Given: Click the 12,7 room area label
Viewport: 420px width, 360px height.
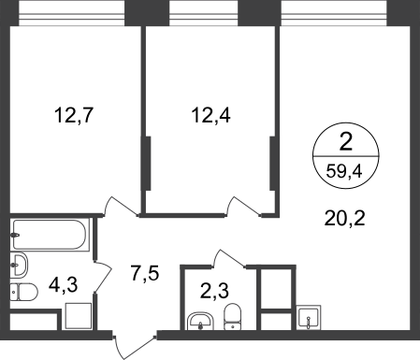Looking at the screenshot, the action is [74, 115].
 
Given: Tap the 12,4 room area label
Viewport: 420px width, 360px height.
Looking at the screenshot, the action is [210, 115].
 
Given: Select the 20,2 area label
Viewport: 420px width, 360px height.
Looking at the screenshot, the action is [344, 218].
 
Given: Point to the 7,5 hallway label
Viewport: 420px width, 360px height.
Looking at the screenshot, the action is [144, 273].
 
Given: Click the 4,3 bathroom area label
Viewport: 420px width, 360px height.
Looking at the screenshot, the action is [64, 285].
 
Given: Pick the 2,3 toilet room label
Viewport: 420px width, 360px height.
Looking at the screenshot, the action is [214, 291].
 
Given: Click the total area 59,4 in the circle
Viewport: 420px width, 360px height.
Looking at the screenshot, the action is [344, 171].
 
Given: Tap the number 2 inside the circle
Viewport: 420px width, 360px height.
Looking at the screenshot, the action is [346, 142].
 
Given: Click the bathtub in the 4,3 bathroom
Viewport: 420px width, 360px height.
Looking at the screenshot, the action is [50, 235].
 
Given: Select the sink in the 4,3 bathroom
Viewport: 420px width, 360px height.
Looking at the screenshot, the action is [19, 265].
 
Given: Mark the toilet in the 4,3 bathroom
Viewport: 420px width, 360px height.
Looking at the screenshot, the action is [23, 292].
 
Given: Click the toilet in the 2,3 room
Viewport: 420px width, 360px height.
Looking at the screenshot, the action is [233, 316].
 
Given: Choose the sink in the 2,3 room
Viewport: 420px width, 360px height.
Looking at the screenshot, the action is [200, 321].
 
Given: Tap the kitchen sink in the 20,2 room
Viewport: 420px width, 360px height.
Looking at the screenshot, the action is [309, 316].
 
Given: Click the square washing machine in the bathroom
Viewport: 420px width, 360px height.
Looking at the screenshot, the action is [79, 316].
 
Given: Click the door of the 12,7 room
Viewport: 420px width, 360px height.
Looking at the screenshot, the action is [120, 207].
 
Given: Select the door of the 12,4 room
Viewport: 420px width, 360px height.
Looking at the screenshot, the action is [242, 207].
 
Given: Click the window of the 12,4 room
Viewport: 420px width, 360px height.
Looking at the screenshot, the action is [204, 13].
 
